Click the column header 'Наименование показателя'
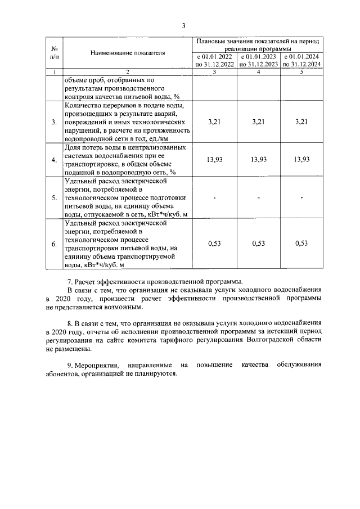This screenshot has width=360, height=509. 127,53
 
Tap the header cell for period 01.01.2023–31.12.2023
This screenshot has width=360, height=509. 258,60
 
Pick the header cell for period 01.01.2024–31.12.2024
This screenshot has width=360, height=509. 302,60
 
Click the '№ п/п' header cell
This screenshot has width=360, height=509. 55,53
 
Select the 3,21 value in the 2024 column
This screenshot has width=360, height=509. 302,121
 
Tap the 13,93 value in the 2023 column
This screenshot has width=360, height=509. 258,160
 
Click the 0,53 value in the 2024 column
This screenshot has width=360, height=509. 302,244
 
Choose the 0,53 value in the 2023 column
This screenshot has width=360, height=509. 258,244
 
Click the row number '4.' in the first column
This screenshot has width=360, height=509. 54,160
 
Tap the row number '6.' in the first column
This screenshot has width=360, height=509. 54,244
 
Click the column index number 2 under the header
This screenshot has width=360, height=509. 127,72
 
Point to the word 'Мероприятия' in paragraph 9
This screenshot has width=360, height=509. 97,365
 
